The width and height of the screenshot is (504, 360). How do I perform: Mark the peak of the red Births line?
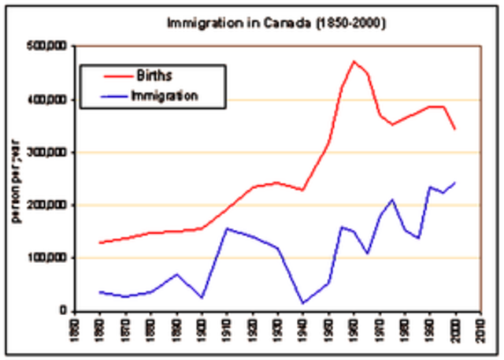point(354,61)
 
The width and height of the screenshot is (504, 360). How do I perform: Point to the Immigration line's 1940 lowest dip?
point(303,302)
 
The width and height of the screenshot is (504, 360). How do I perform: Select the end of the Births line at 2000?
point(454,129)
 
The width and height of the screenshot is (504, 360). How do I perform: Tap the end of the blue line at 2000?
point(454,183)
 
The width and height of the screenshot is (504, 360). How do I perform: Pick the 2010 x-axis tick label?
point(480,328)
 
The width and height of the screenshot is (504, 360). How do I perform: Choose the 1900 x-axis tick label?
point(202,328)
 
